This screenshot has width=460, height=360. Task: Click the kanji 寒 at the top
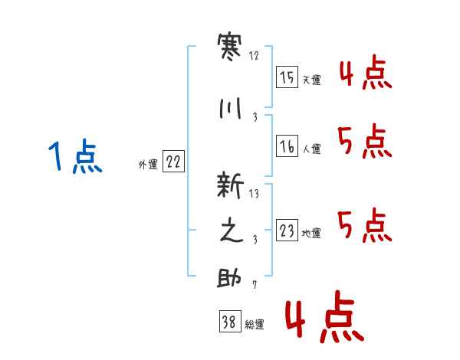click(229, 47)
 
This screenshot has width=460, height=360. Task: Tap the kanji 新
click(230, 185)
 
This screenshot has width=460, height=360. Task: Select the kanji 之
click(232, 230)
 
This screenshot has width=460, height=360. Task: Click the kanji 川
click(230, 109)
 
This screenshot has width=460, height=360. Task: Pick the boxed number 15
click(287, 77)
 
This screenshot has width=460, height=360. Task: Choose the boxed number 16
click(287, 146)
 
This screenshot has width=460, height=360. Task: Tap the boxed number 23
click(287, 230)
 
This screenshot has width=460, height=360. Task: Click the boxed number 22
click(173, 162)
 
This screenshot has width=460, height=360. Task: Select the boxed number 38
click(230, 321)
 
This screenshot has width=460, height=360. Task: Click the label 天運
click(311, 80)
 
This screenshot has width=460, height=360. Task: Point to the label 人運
click(311, 149)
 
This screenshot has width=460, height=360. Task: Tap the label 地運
click(311, 233)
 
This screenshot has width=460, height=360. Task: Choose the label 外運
click(148, 165)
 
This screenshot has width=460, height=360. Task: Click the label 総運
click(255, 324)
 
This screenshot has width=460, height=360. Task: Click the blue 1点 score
click(75, 156)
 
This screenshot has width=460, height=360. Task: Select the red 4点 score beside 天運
click(366, 72)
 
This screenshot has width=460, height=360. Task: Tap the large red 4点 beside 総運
click(325, 316)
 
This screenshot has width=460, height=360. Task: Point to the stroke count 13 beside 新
click(254, 194)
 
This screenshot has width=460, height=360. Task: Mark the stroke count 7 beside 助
click(255, 285)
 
